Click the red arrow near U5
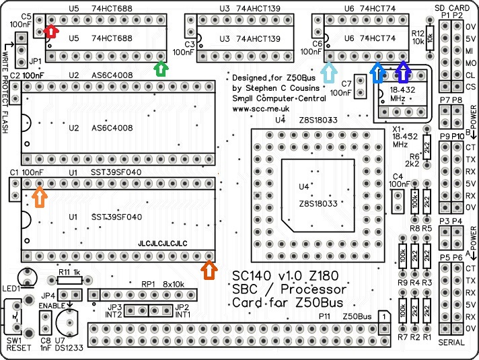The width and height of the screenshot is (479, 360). pyautogui.click(x=50, y=31)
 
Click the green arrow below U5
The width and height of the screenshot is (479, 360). pyautogui.click(x=160, y=69)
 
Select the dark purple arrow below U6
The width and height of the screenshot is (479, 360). pyautogui.click(x=403, y=70)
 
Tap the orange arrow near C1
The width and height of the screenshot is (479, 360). pyautogui.click(x=40, y=196)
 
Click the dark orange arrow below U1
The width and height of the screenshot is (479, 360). pyautogui.click(x=210, y=270)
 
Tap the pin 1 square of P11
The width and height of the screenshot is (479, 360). pyautogui.click(x=382, y=316)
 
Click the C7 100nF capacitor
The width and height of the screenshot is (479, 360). pyautogui.click(x=362, y=84)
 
